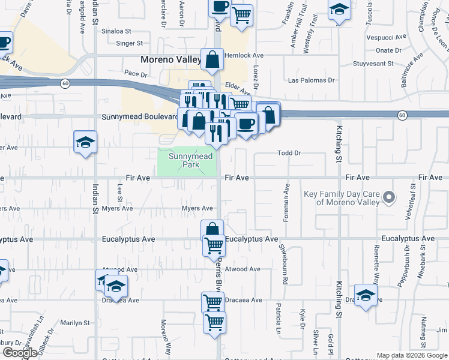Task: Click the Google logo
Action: [x=20, y=353]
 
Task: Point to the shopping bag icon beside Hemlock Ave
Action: [x=212, y=59]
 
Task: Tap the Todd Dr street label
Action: [x=289, y=153]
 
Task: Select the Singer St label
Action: [x=129, y=43]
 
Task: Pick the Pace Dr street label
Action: [x=136, y=74]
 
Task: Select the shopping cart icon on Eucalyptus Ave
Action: [x=214, y=245]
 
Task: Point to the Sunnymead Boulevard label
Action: [x=140, y=116]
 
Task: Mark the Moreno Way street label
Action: [x=163, y=329]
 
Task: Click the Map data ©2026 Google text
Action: [x=412, y=355]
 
